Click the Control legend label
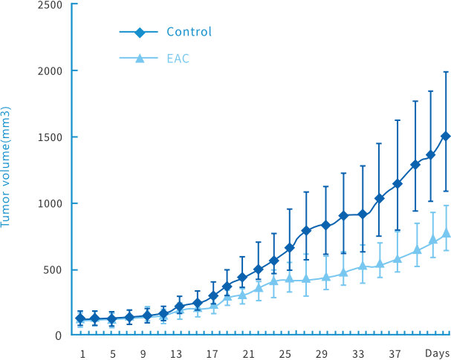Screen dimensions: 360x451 pyautogui.click(x=189, y=32)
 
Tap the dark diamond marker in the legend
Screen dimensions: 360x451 pyautogui.click(x=139, y=32)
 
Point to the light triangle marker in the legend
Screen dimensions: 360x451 pyautogui.click(x=139, y=58)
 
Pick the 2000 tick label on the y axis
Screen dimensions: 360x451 pyautogui.click(x=50, y=71)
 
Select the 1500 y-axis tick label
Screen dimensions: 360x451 pyautogui.click(x=50, y=137)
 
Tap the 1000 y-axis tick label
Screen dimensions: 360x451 pyautogui.click(x=50, y=203)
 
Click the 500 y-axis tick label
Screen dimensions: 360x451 pyautogui.click(x=53, y=269)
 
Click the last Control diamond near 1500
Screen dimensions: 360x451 pyautogui.click(x=446, y=137)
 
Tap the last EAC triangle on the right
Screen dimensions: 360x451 pyautogui.click(x=446, y=233)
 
